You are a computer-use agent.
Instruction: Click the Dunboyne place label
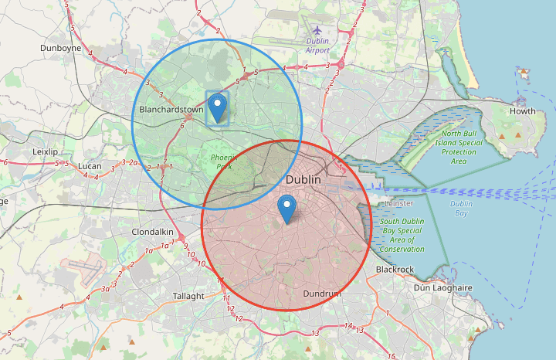[x=61, y=47]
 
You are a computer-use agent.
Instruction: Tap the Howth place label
[x=523, y=111]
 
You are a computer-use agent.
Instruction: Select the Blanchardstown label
[x=171, y=110]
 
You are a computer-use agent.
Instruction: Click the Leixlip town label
[x=46, y=151]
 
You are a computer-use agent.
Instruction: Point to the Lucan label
[x=90, y=165]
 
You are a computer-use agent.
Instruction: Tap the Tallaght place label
[x=188, y=296]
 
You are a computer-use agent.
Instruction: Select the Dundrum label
[x=321, y=294]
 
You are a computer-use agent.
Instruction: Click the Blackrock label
[x=395, y=269]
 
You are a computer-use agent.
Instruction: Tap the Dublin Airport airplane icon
[x=317, y=30]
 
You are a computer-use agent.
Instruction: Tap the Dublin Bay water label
[x=462, y=209]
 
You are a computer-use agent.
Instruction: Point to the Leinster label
[x=399, y=202]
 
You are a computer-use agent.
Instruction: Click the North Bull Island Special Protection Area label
[x=459, y=147]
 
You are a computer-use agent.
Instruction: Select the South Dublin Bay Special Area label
[x=402, y=235]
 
